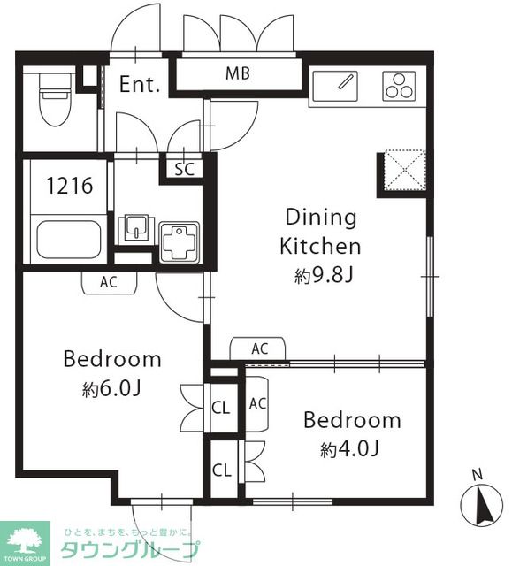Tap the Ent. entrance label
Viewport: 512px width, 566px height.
click(x=140, y=84)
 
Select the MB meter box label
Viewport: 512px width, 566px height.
click(x=237, y=73)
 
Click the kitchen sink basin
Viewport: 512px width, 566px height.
click(x=335, y=87)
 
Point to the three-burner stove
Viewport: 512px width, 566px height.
click(x=399, y=87)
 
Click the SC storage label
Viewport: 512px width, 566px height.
click(x=184, y=169)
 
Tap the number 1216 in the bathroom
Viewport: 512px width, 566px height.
click(x=70, y=186)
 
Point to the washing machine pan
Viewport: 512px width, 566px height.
click(x=180, y=242)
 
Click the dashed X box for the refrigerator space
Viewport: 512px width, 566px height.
click(x=405, y=171)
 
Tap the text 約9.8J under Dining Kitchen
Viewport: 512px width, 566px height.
click(x=323, y=276)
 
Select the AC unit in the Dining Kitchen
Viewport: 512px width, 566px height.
click(x=257, y=348)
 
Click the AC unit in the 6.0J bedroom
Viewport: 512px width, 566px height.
click(x=110, y=283)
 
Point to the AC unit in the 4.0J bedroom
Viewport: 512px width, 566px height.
click(x=257, y=404)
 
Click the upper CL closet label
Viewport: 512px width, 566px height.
click(x=221, y=408)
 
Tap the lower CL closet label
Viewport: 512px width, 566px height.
click(x=222, y=470)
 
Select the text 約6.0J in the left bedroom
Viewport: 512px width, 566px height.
click(x=111, y=389)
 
